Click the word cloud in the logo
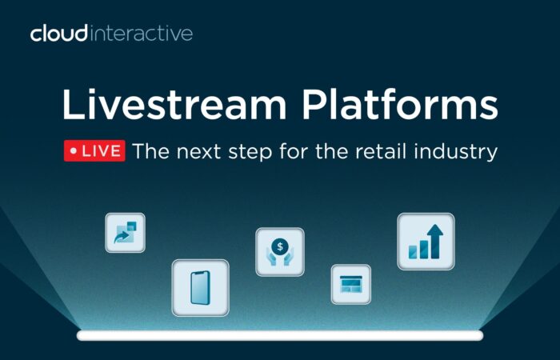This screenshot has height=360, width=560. (59, 34)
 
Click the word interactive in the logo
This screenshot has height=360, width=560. (142, 34)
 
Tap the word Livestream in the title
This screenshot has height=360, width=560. (174, 104)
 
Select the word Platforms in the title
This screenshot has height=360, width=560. (400, 104)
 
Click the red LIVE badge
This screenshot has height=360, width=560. (94, 150)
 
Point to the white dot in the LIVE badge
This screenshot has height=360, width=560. (74, 151)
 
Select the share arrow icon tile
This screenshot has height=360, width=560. (126, 233)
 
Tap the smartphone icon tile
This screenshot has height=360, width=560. (200, 288)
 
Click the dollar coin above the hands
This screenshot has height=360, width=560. (280, 246)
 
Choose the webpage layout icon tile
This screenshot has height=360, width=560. (351, 284)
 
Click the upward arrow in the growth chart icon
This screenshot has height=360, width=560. (435, 241)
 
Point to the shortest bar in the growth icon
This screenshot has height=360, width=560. (413, 252)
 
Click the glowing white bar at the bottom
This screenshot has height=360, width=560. (280, 335)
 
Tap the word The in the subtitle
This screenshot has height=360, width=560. (150, 150)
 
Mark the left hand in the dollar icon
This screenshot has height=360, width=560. (272, 258)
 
